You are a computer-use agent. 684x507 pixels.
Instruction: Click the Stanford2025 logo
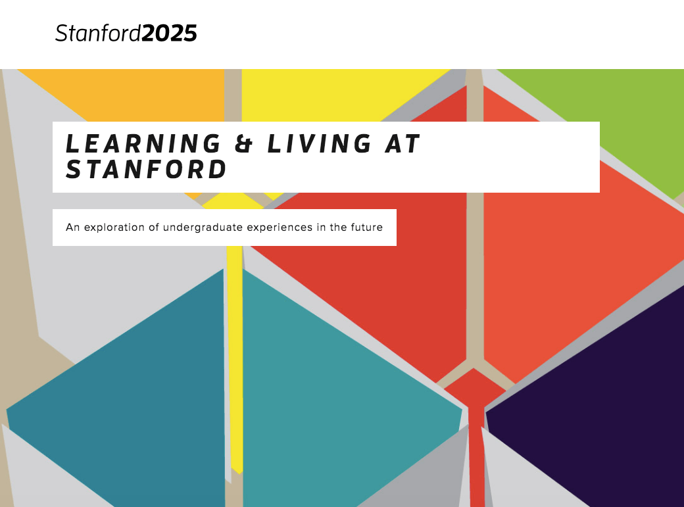point(126,33)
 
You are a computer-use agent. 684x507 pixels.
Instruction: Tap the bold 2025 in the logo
point(169,34)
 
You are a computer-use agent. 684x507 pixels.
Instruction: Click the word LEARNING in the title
point(143,143)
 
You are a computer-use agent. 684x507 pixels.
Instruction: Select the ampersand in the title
point(244,143)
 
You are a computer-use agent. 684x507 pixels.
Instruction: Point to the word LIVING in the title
point(319,143)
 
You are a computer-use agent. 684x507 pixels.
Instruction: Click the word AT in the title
point(403,143)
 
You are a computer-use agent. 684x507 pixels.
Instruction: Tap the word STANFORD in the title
point(146,169)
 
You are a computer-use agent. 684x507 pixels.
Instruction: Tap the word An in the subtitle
point(72,228)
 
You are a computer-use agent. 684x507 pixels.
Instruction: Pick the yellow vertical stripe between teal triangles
point(235,358)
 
